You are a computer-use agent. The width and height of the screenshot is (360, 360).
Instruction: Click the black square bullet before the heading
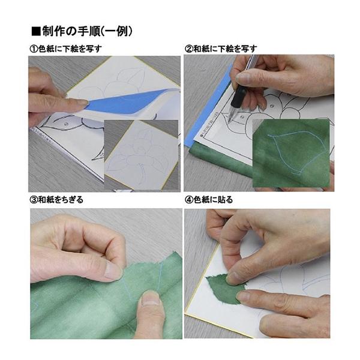pyautogui.click(x=35, y=31)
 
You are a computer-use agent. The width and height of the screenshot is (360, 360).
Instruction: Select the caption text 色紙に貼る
pyautogui.click(x=214, y=200)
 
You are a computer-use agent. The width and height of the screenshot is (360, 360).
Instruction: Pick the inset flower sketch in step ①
pyautogui.click(x=141, y=153)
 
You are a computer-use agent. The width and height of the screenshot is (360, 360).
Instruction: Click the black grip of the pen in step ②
pyautogui.click(x=239, y=95)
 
